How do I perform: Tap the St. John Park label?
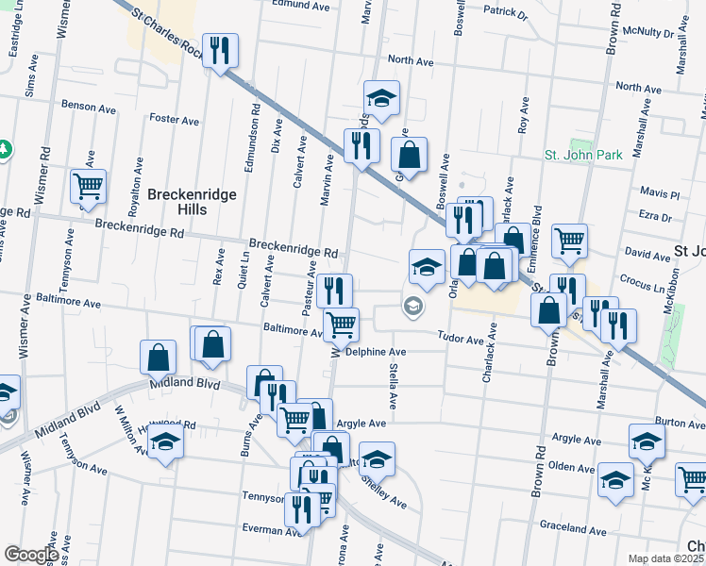coord(583,155)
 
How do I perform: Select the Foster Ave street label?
coord(175,121)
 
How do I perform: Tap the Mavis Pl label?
coord(660,194)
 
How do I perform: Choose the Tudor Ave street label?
coord(460,338)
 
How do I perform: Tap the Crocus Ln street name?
coord(642,281)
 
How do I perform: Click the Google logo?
coord(31,555)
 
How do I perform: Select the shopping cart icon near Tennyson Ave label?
coord(88,186)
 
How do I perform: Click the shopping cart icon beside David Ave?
coord(569,241)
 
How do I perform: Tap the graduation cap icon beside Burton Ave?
coord(647,441)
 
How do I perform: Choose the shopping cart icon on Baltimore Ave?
coord(341,325)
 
